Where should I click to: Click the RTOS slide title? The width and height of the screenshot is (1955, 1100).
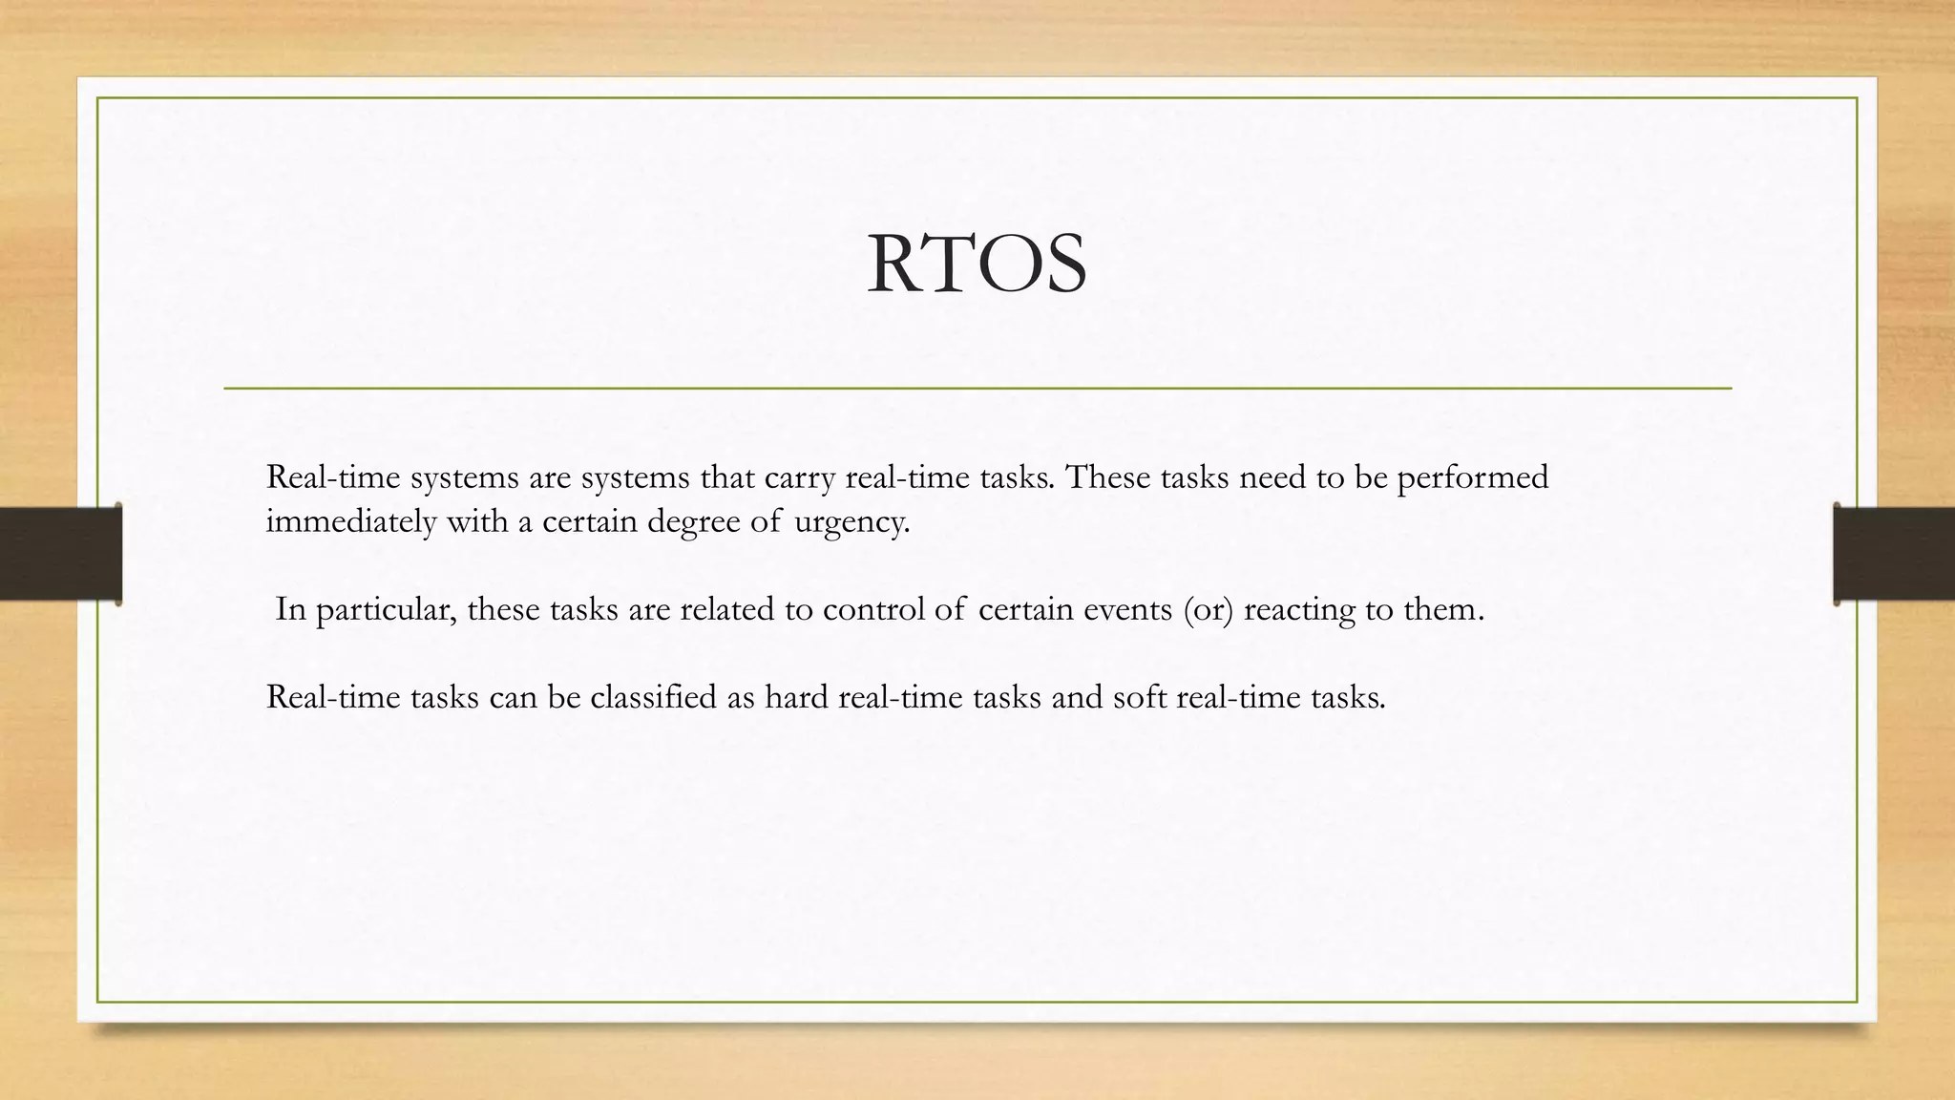pyautogui.click(x=977, y=264)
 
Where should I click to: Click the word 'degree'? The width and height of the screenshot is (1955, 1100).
pyautogui.click(x=693, y=522)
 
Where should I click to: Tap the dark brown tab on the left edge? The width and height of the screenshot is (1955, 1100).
pyautogui.click(x=60, y=554)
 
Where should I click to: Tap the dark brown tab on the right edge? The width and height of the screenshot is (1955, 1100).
pyautogui.click(x=1894, y=554)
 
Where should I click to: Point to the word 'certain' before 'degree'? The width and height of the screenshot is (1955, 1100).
pyautogui.click(x=589, y=522)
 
